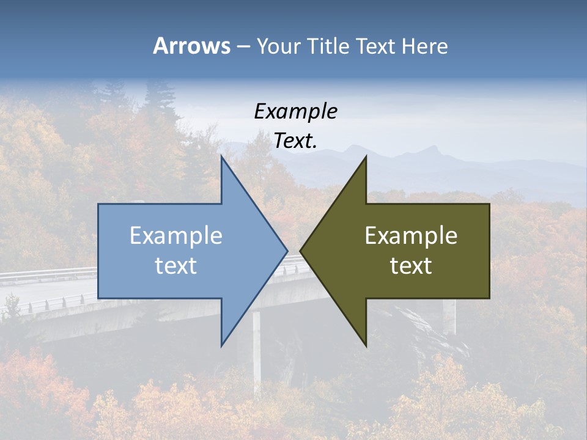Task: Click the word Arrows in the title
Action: (191, 46)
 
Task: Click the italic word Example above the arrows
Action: (295, 111)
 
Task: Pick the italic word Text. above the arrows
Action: (295, 141)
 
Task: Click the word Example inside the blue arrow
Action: (176, 236)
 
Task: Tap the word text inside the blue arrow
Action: (176, 266)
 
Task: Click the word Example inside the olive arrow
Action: (411, 236)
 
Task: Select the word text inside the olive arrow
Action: (411, 266)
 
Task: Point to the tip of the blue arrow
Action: (286, 251)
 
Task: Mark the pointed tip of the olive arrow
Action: (301, 251)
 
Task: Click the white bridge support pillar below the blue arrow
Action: (257, 354)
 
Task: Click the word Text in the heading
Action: (377, 46)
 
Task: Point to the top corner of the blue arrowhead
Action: (222, 158)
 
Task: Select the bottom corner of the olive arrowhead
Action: (366, 344)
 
